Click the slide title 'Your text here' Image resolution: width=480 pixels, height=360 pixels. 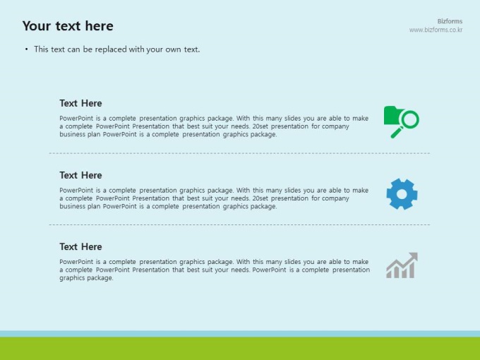(x=68, y=26)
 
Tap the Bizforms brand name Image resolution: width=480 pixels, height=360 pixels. (x=450, y=21)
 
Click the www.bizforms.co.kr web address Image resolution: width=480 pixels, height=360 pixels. (x=436, y=30)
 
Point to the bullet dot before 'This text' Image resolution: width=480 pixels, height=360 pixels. (x=27, y=49)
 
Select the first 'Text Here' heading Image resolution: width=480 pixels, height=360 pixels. (x=80, y=103)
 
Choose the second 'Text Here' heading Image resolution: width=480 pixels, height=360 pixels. (x=80, y=175)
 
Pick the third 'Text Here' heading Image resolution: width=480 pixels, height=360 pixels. (x=80, y=247)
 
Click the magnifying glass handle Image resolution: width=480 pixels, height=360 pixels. (x=397, y=133)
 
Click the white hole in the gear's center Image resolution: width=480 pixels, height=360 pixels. (x=402, y=194)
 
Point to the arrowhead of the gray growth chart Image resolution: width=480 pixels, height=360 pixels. (x=413, y=257)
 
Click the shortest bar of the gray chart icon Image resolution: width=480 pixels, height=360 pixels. (x=389, y=275)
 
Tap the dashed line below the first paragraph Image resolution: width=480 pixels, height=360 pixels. (x=239, y=153)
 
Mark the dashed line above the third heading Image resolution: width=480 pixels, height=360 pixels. (x=239, y=224)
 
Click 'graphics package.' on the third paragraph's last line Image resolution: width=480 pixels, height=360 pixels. (x=86, y=278)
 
